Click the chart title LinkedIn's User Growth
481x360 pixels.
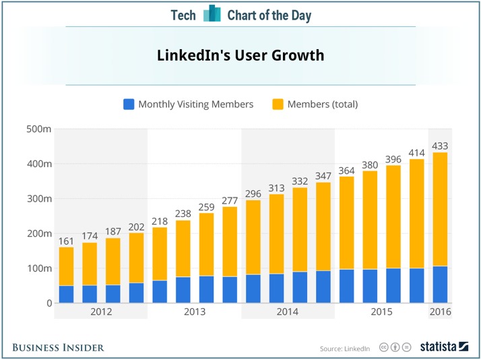(241, 55)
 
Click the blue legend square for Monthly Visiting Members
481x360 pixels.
(129, 104)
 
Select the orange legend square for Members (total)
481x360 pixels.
(278, 104)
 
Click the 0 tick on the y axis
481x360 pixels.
(47, 303)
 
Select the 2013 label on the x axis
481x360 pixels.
(194, 313)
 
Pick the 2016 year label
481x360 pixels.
(440, 313)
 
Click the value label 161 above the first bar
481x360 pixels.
(66, 240)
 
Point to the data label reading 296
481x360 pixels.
(253, 193)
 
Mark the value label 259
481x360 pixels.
(206, 206)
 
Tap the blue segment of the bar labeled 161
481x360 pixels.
(66, 294)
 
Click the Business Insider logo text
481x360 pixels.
(58, 347)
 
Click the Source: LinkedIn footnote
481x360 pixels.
(345, 348)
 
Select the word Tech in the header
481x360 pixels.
(183, 15)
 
